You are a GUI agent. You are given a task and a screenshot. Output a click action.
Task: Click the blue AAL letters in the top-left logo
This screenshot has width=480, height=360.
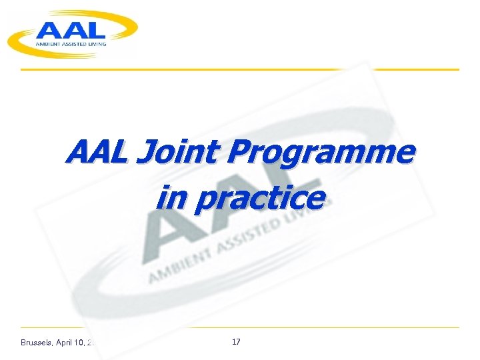point(71,29)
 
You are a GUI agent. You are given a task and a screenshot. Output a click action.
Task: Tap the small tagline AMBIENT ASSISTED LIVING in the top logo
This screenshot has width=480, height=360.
point(72,43)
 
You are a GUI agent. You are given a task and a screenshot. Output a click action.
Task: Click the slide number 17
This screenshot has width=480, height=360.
point(235,342)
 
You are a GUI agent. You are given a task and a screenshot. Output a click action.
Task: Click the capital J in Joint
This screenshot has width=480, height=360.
point(144,153)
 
